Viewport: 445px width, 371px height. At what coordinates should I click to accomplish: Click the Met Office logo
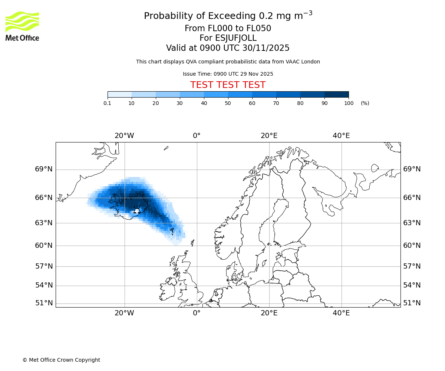[x=22, y=26]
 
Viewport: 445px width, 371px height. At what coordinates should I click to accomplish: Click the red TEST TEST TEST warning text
[x=228, y=85]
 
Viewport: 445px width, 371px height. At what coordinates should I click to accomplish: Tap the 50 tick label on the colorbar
[x=228, y=103]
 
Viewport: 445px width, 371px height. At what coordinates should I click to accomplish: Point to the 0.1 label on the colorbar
[x=108, y=103]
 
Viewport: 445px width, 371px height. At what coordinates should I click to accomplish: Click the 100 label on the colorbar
[x=349, y=103]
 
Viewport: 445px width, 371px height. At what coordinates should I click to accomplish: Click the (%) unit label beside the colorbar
[x=365, y=103]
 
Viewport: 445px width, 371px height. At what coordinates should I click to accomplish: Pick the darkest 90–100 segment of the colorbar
[x=336, y=95]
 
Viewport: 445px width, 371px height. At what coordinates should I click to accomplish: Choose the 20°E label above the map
[x=269, y=136]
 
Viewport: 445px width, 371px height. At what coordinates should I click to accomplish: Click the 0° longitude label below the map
[x=197, y=313]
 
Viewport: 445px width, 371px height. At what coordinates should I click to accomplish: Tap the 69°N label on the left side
[x=44, y=169]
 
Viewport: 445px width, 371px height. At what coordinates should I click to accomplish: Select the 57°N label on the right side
[x=412, y=266]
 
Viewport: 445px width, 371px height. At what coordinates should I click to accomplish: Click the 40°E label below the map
[x=341, y=313]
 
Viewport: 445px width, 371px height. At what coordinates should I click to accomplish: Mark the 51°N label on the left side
[x=44, y=303]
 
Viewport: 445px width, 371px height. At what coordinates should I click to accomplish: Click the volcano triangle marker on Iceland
[x=137, y=211]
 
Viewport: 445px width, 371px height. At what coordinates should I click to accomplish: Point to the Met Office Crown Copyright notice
[x=61, y=360]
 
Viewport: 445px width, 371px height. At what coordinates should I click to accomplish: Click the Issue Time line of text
[x=228, y=74]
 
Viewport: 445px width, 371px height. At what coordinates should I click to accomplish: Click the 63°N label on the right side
[x=412, y=223]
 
